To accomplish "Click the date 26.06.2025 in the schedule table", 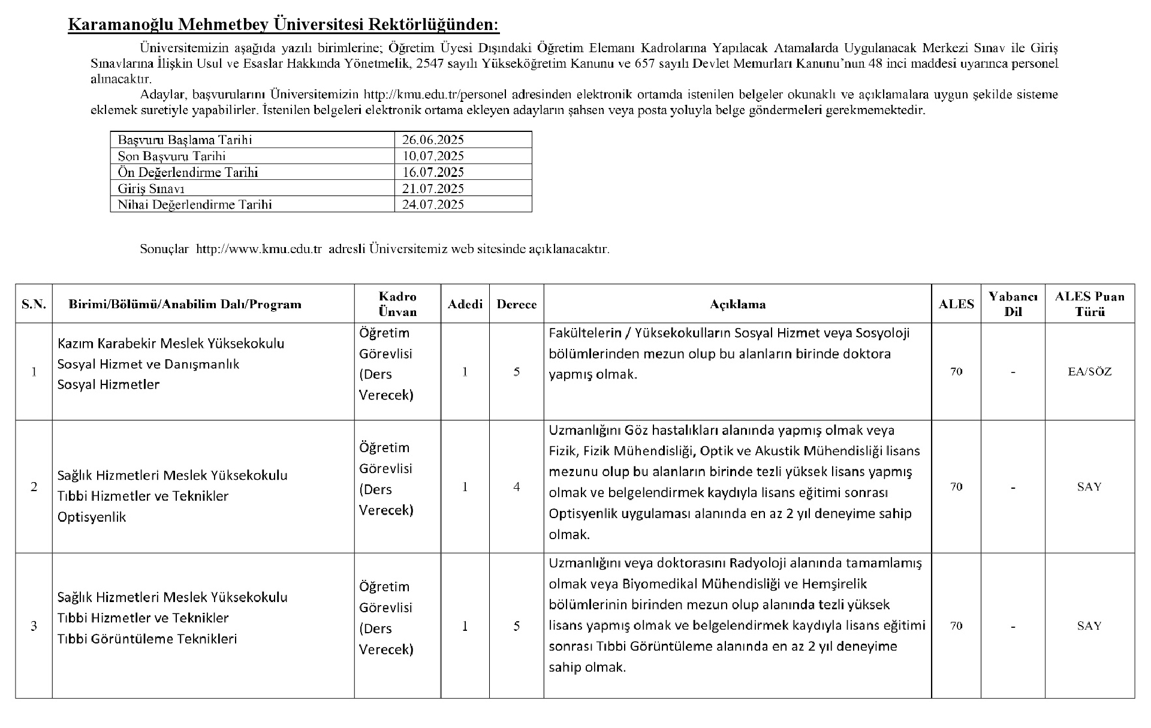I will point(433,140).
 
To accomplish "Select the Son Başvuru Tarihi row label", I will point(171,156).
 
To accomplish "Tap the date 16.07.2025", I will point(433,172).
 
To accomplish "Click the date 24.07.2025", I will point(433,204).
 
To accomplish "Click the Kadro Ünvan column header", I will point(397,304).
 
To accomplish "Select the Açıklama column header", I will point(737,304).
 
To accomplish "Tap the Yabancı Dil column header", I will point(1013,304).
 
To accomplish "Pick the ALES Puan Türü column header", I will point(1089,304).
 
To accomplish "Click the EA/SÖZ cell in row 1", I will point(1089,372).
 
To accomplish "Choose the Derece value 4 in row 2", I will point(516,487).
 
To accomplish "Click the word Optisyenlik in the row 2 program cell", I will point(92,517).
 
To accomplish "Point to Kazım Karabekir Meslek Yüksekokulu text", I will point(171,344).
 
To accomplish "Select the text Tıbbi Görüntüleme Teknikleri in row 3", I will point(147,639).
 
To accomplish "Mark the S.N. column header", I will point(34,304).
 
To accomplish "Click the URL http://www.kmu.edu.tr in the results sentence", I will point(259,249).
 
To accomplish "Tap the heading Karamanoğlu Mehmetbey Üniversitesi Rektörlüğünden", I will point(283,25).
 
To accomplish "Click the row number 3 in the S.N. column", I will point(34,626).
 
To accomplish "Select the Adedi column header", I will point(465,304).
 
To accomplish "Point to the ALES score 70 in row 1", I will point(956,372).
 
